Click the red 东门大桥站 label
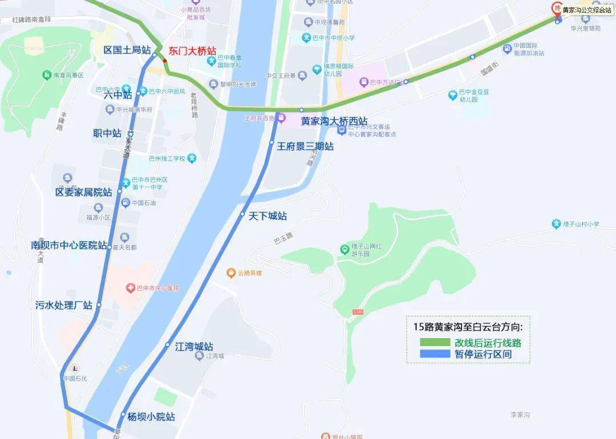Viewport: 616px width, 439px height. coord(192,50)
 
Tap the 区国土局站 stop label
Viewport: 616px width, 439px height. coord(127,50)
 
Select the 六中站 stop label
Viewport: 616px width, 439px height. coord(118,95)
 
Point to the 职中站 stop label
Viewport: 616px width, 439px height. coord(107,133)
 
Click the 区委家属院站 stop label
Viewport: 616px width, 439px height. coord(84,192)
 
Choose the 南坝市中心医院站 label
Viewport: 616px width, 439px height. coord(69,246)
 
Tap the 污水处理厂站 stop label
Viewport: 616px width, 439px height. coord(64,306)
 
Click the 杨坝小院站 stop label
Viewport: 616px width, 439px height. coord(151,417)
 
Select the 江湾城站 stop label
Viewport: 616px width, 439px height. coord(194,347)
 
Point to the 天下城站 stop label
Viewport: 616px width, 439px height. coord(268,216)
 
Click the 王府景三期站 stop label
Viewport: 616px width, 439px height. coord(305,147)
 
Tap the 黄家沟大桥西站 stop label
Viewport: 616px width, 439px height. coord(334,121)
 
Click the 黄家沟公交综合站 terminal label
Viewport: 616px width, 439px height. coord(586,10)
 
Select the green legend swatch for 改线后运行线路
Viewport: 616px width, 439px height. coord(435,343)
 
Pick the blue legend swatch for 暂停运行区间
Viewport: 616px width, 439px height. coord(435,354)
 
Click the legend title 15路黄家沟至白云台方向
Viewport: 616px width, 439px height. coord(468,327)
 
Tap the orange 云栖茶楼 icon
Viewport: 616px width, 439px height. coord(231,273)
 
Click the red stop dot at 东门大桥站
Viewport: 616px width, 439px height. coord(165,60)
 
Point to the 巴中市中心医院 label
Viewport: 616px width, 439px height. coord(157,288)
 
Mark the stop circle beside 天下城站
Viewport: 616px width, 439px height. coord(242,214)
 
